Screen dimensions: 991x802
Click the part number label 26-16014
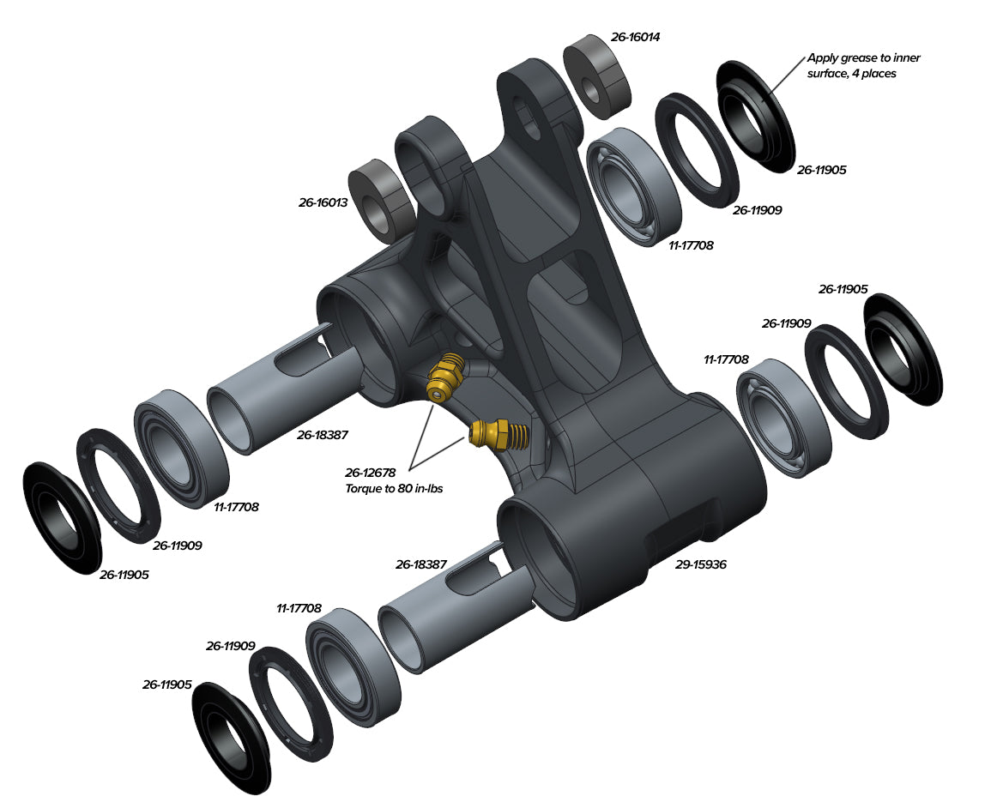tap(635, 37)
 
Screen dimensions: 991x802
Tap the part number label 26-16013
tap(323, 203)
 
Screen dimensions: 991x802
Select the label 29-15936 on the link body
tap(700, 564)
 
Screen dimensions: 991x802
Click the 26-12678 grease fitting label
tap(371, 473)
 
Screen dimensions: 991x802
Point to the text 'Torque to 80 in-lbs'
tap(394, 489)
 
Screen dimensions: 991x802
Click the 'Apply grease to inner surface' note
tap(863, 66)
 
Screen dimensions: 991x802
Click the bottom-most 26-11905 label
tap(166, 685)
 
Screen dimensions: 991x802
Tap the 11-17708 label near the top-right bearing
tap(691, 245)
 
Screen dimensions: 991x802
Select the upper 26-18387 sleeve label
tap(323, 436)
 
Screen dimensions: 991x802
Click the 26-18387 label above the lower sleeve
tap(421, 564)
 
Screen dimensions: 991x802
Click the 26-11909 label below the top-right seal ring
tap(757, 210)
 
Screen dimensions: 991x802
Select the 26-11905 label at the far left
tap(124, 575)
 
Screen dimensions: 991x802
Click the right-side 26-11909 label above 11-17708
tap(786, 323)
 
